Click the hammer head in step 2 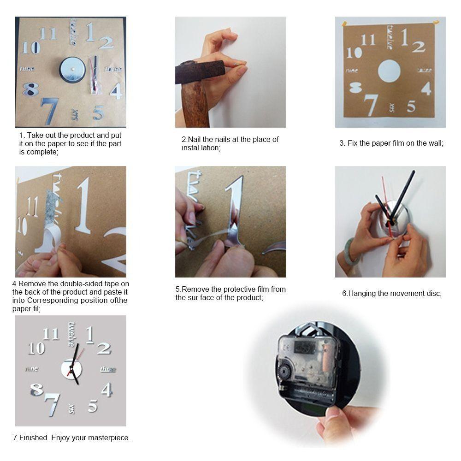click(x=200, y=72)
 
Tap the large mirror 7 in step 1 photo click(x=49, y=111)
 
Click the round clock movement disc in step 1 click(x=72, y=70)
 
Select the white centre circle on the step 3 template click(x=389, y=71)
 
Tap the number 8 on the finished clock click(x=36, y=390)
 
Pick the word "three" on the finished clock click(x=108, y=369)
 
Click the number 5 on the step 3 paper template click(x=411, y=106)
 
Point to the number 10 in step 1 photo click(x=31, y=47)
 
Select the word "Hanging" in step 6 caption click(x=362, y=294)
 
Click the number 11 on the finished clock click(x=50, y=334)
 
